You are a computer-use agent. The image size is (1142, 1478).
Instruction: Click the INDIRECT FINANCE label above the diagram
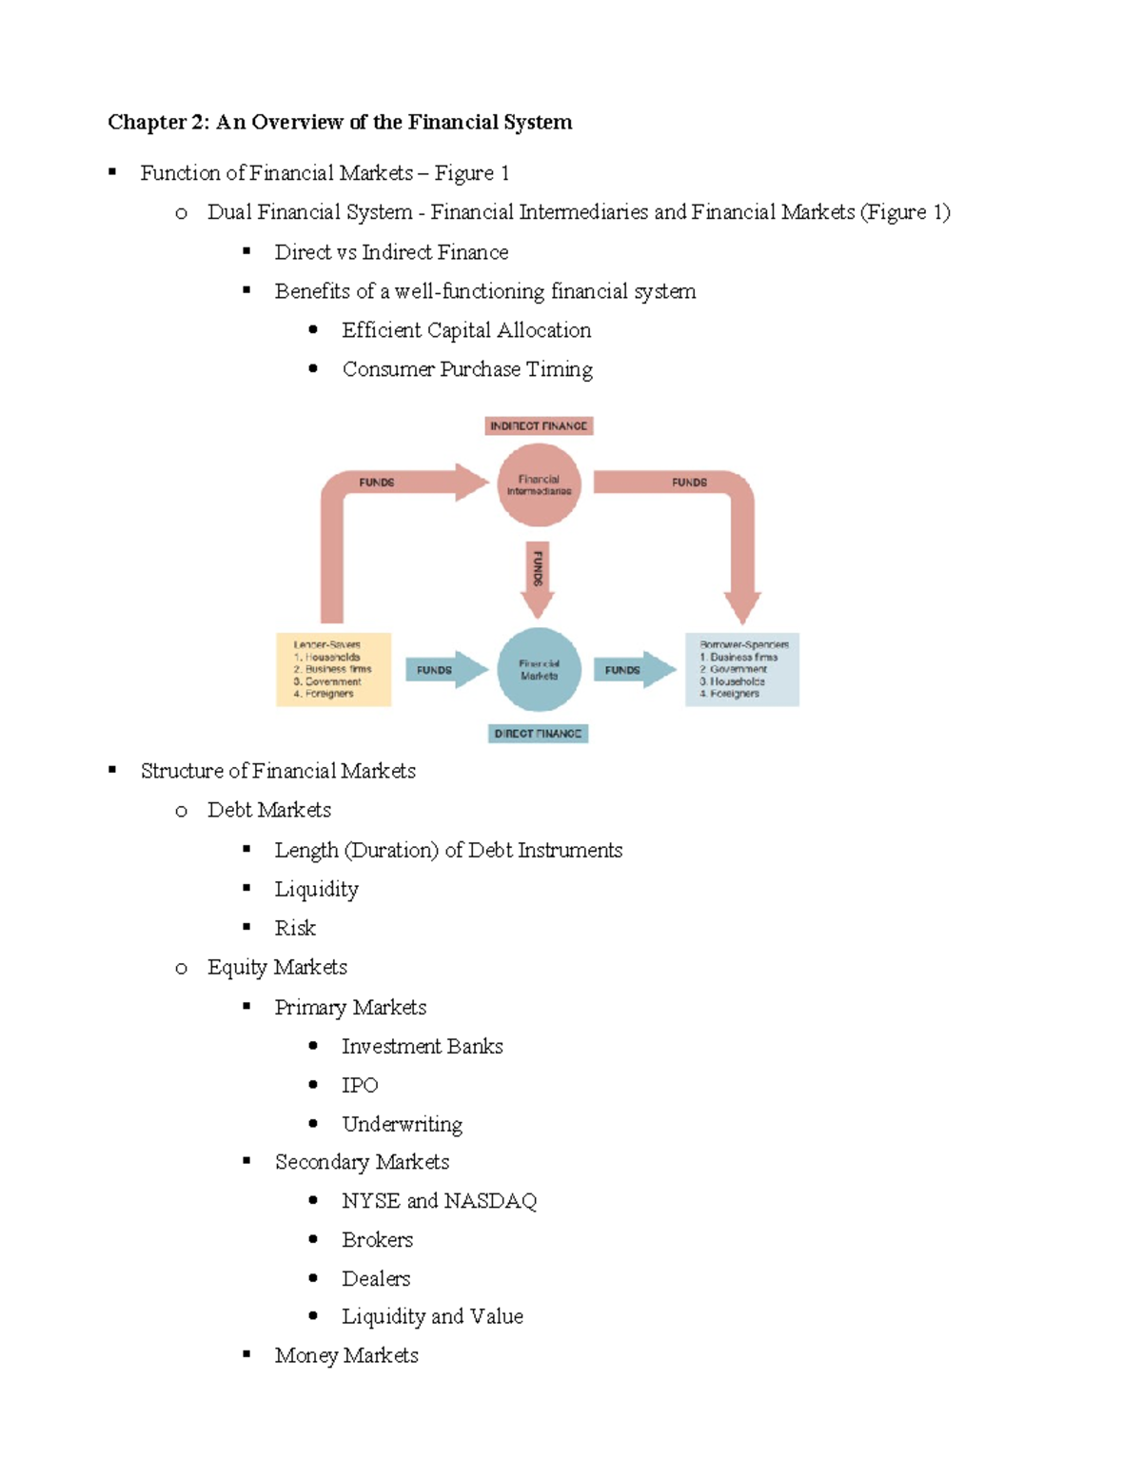click(539, 425)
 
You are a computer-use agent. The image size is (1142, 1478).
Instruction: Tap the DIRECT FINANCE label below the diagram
click(538, 734)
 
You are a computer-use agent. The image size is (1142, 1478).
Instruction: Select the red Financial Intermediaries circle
click(539, 485)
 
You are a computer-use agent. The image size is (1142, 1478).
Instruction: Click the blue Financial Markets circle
click(539, 670)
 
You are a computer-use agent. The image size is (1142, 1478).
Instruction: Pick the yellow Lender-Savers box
click(333, 669)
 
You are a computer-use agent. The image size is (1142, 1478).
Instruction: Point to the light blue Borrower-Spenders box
click(742, 669)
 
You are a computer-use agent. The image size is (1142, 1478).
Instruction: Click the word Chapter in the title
click(147, 122)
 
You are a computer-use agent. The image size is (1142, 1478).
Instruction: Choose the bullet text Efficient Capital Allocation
click(466, 330)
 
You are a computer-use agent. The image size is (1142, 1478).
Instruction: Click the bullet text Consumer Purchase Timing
click(467, 369)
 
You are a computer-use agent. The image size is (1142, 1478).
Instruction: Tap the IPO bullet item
click(360, 1085)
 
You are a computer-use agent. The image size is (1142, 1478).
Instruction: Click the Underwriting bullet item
click(402, 1124)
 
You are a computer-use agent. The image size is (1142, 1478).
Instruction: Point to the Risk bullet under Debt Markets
click(295, 928)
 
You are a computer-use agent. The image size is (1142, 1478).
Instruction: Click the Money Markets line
click(346, 1355)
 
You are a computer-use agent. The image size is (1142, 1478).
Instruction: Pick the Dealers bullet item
click(376, 1278)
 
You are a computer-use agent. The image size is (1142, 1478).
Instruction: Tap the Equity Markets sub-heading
click(277, 967)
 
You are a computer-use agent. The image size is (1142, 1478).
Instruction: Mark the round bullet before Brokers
click(313, 1239)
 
